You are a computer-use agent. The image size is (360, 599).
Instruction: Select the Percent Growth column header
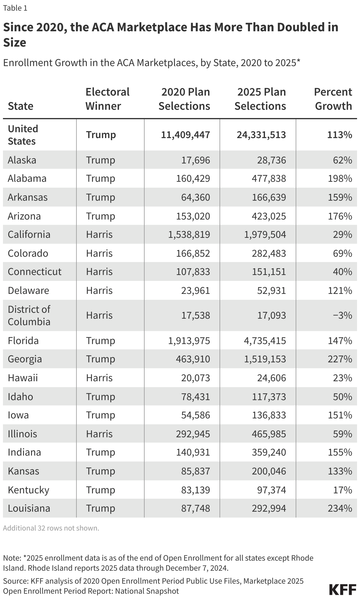pyautogui.click(x=333, y=99)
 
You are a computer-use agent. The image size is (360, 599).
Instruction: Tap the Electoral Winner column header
pyautogui.click(x=107, y=99)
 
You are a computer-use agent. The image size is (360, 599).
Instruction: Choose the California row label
pyautogui.click(x=29, y=235)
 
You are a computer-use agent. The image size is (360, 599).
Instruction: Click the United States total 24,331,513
pyautogui.click(x=261, y=135)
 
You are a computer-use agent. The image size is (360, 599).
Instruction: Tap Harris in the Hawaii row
pyautogui.click(x=99, y=378)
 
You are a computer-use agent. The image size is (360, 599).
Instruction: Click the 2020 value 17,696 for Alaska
pyautogui.click(x=196, y=160)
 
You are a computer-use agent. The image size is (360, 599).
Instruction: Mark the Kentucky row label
pyautogui.click(x=28, y=490)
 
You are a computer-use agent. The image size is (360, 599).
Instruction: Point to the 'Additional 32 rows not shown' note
pyautogui.click(x=51, y=528)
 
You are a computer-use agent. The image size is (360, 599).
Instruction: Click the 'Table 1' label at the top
pyautogui.click(x=15, y=8)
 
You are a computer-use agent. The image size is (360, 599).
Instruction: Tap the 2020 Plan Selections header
pyautogui.click(x=184, y=99)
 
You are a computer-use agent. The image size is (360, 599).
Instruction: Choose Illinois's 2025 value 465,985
pyautogui.click(x=269, y=434)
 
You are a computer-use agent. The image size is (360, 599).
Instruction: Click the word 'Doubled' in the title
pyautogui.click(x=285, y=27)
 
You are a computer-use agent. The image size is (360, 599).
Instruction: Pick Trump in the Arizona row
pyautogui.click(x=100, y=216)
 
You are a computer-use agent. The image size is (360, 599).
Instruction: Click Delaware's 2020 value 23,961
pyautogui.click(x=196, y=291)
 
